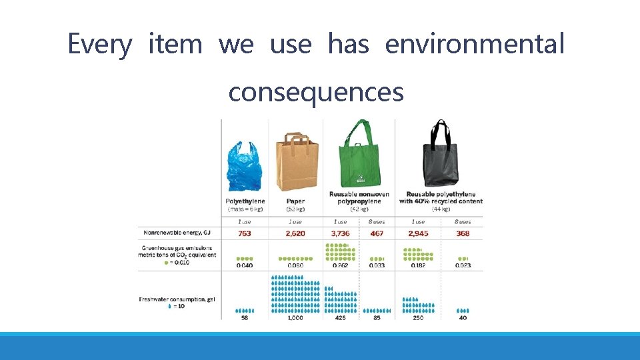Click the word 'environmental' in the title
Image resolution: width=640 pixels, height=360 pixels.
point(475,45)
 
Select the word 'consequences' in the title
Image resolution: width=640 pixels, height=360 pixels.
point(316,91)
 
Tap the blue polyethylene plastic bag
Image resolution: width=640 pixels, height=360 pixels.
point(245,166)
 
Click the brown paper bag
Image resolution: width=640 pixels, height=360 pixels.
point(295,163)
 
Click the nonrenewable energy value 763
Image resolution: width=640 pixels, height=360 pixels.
point(245,234)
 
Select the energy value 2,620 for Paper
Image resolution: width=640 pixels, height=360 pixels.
point(295,234)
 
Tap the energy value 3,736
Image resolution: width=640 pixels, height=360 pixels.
point(341,234)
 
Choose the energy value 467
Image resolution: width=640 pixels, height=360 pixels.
point(377,234)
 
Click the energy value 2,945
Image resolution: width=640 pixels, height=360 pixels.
point(417,234)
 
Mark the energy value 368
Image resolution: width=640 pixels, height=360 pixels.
point(463,234)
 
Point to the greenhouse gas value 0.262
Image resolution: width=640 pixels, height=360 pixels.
point(341,266)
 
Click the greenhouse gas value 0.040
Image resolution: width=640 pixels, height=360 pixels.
point(245,266)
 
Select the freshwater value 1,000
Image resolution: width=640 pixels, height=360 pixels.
point(295,318)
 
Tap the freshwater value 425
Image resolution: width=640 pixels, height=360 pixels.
point(341,318)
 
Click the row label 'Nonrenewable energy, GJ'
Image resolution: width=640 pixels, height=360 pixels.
point(175,233)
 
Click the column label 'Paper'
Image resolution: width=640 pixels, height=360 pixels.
point(295,201)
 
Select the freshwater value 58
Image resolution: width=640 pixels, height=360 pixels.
point(245,318)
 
